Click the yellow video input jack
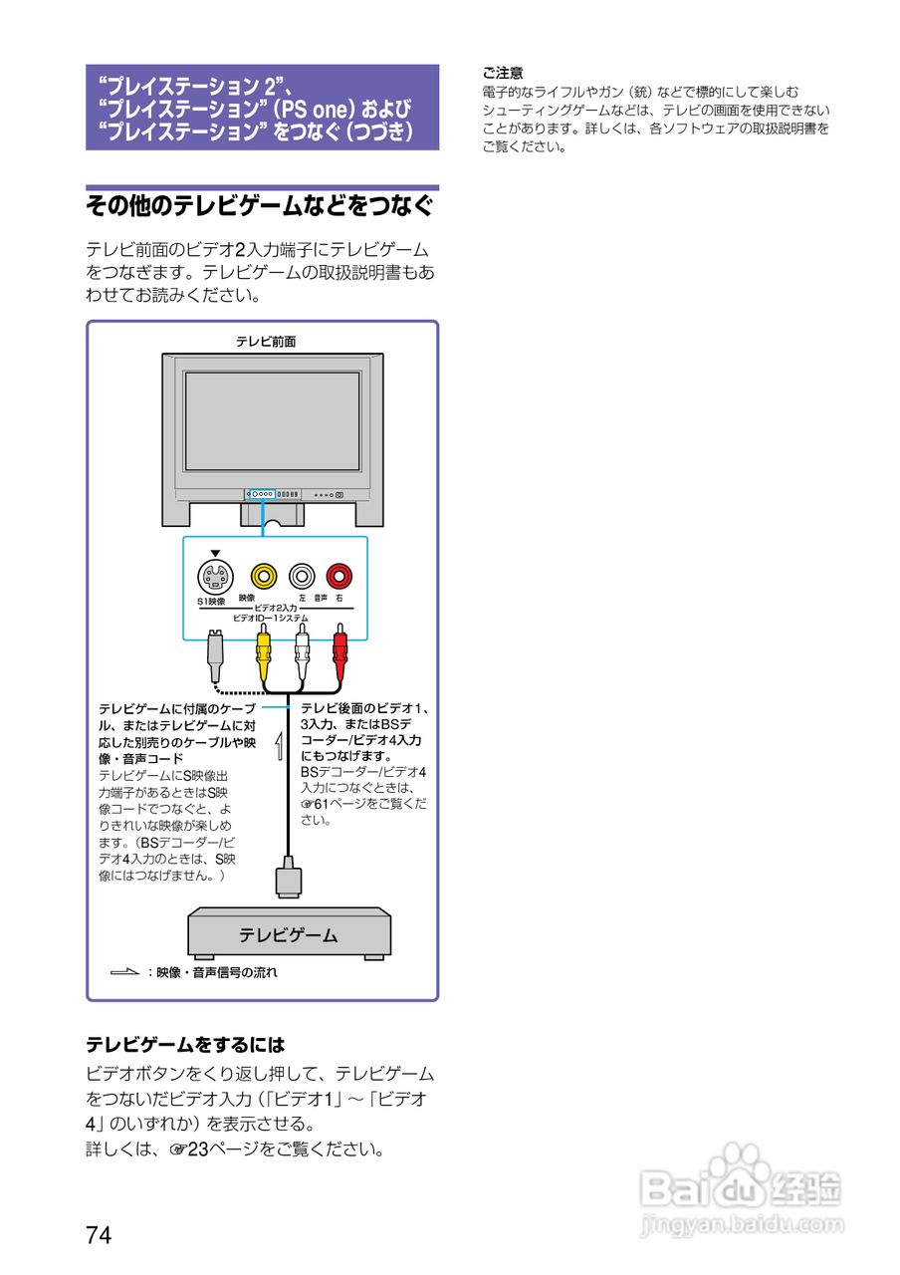pyautogui.click(x=263, y=575)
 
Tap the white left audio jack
pyautogui.click(x=302, y=575)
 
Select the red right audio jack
pyautogui.click(x=339, y=575)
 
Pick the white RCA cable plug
pyautogui.click(x=302, y=652)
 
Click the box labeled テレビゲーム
pyautogui.click(x=289, y=934)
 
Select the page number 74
pyautogui.click(x=99, y=1235)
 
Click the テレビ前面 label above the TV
pyautogui.click(x=266, y=341)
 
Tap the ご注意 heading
pyautogui.click(x=503, y=73)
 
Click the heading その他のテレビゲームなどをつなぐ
pyautogui.click(x=261, y=206)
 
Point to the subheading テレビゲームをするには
pyautogui.click(x=185, y=1045)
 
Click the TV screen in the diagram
pyautogui.click(x=271, y=421)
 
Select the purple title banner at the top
pyautogui.click(x=262, y=108)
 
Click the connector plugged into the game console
pyautogui.click(x=288, y=879)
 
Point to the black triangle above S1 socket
pyautogui.click(x=214, y=553)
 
